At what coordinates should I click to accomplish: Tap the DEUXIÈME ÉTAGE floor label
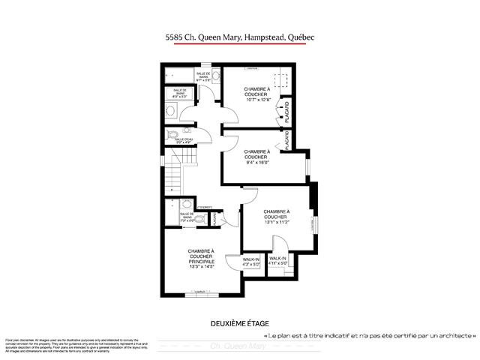(239, 323)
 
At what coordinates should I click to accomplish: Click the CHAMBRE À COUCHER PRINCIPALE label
(201, 256)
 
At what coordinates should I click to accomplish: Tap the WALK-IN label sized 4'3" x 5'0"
(251, 264)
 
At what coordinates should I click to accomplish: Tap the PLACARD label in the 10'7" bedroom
(286, 113)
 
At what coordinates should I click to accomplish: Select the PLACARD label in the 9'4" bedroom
(286, 139)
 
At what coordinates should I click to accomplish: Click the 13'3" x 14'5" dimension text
(201, 267)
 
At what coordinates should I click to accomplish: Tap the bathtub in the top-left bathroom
(180, 73)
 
